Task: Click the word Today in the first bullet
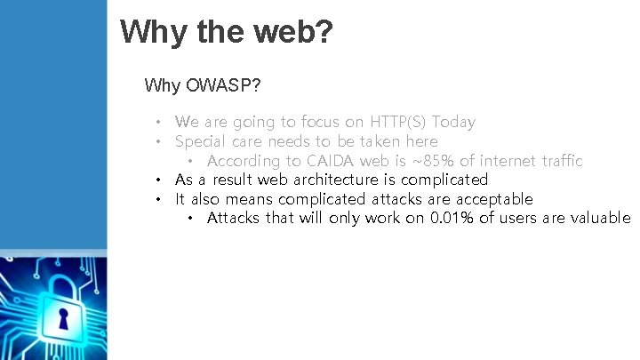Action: [x=453, y=122]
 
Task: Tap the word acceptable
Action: [x=492, y=199]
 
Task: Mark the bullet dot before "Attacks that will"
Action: [x=189, y=219]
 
